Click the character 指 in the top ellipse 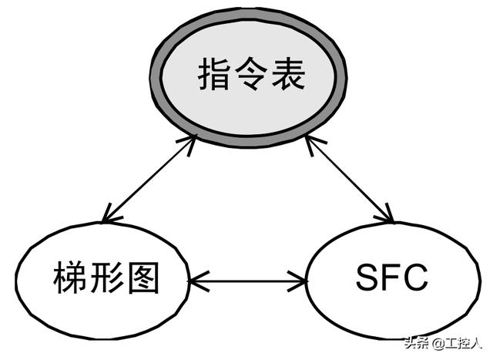click(213, 76)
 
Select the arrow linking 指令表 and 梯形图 click(149, 179)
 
